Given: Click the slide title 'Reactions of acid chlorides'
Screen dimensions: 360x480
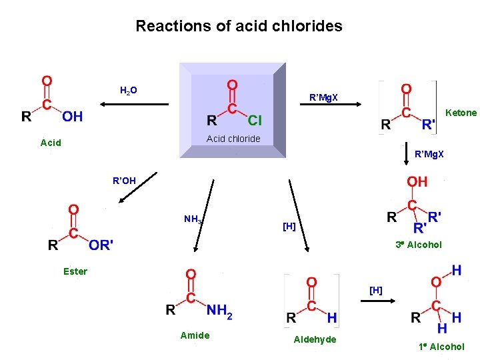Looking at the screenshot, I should pyautogui.click(x=239, y=26).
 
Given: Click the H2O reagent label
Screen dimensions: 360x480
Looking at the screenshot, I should pyautogui.click(x=129, y=90).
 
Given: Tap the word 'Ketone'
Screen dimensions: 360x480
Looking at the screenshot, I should pyautogui.click(x=461, y=113).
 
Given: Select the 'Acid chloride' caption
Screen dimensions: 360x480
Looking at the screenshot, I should pyautogui.click(x=233, y=139).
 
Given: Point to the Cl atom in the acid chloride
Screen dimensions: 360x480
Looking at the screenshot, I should pyautogui.click(x=255, y=121).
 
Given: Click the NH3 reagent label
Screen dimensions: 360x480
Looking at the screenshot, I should pyautogui.click(x=193, y=219).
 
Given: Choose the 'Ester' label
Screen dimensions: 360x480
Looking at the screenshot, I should pyautogui.click(x=75, y=271).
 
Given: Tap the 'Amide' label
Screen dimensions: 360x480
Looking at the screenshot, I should pyautogui.click(x=195, y=335).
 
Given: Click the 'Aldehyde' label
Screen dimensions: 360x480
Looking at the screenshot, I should pyautogui.click(x=315, y=340).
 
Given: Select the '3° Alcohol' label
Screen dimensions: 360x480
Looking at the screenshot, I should pyautogui.click(x=418, y=245).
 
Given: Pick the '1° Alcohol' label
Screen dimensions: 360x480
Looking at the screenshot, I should pyautogui.click(x=441, y=347).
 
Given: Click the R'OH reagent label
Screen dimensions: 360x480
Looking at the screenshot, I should pyautogui.click(x=124, y=180).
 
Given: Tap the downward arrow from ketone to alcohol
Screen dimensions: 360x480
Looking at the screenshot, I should pyautogui.click(x=408, y=154).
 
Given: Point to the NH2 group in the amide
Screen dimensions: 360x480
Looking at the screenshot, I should pyautogui.click(x=219, y=310).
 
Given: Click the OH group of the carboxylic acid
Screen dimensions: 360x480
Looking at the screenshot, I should pyautogui.click(x=73, y=117).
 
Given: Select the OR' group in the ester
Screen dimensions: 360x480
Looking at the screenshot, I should pyautogui.click(x=101, y=245).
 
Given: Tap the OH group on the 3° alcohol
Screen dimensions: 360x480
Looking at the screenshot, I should pyautogui.click(x=417, y=181).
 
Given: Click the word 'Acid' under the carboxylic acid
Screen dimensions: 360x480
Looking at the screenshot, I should pyautogui.click(x=51, y=142).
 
